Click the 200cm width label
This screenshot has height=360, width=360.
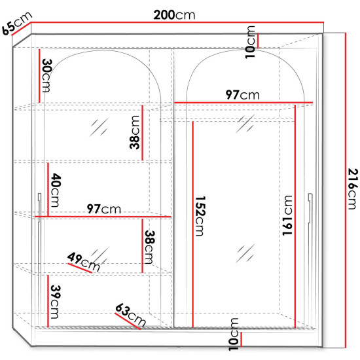point(174,15)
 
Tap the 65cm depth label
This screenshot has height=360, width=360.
point(17,23)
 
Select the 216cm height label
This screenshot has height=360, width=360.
point(353,189)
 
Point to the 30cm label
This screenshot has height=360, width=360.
point(47,75)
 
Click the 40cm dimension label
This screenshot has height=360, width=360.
point(56,190)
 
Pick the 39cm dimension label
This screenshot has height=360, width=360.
point(56,302)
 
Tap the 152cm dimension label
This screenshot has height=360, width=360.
point(200,216)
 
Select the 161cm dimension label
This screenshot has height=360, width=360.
point(287,215)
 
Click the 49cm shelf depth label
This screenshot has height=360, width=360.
point(84,262)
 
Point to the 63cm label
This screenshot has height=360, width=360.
point(130,315)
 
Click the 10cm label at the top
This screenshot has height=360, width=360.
point(250,43)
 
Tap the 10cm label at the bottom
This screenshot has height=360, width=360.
point(234,334)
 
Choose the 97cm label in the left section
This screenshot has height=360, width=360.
point(104,209)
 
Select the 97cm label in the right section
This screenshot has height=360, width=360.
point(242,95)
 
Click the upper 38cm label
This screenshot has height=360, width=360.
point(135,132)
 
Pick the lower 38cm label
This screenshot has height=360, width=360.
point(150,247)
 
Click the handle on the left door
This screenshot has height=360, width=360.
point(39,208)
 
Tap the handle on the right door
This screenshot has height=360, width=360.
point(310,208)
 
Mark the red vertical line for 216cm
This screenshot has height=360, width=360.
point(345,190)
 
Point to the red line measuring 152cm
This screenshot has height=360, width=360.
point(192,225)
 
